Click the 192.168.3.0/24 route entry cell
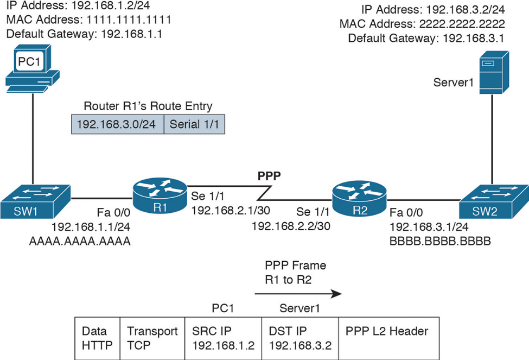click(117, 124)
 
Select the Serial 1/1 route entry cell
click(194, 124)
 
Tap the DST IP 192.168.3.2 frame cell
click(299, 338)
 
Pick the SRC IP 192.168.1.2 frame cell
click(224, 338)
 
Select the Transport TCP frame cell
click(152, 338)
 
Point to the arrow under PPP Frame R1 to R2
click(298, 294)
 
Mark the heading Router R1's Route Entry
click(148, 105)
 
